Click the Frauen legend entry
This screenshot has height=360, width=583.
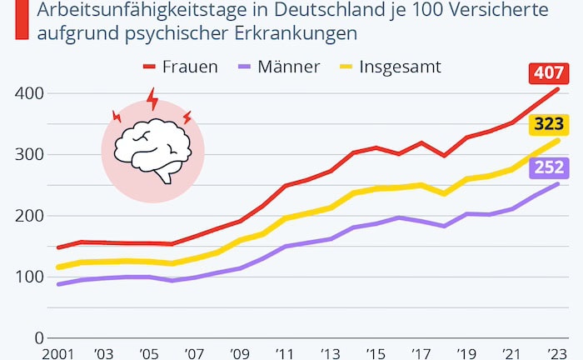click(x=180, y=67)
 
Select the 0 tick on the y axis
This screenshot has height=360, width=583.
click(x=37, y=338)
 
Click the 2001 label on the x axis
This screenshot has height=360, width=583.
click(x=61, y=354)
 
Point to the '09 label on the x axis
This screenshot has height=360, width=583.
click(x=241, y=354)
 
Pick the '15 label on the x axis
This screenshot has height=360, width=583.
click(x=376, y=354)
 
